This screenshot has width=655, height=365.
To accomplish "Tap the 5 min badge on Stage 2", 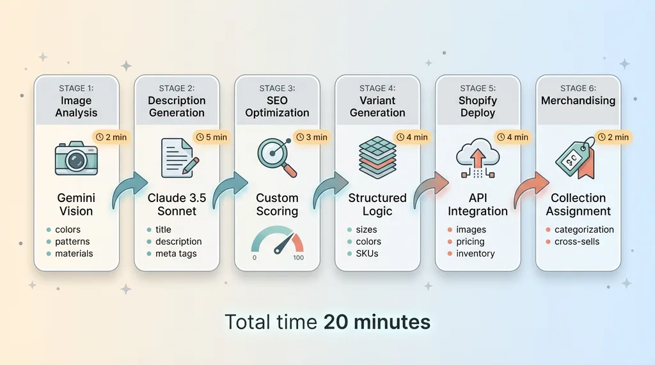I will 211,137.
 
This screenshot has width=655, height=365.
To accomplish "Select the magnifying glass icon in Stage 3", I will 277,157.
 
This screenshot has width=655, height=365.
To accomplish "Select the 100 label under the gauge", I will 298,258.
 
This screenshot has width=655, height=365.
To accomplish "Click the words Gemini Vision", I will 76,205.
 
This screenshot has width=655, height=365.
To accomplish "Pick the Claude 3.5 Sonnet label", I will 177,205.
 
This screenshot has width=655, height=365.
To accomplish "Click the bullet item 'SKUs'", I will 367,254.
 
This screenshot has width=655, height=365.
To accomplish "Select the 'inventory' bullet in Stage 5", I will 475,254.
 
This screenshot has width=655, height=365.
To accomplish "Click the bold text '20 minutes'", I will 376,322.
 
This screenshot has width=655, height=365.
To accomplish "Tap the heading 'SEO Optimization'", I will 277,106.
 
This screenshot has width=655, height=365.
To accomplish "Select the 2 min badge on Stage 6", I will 613,137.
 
